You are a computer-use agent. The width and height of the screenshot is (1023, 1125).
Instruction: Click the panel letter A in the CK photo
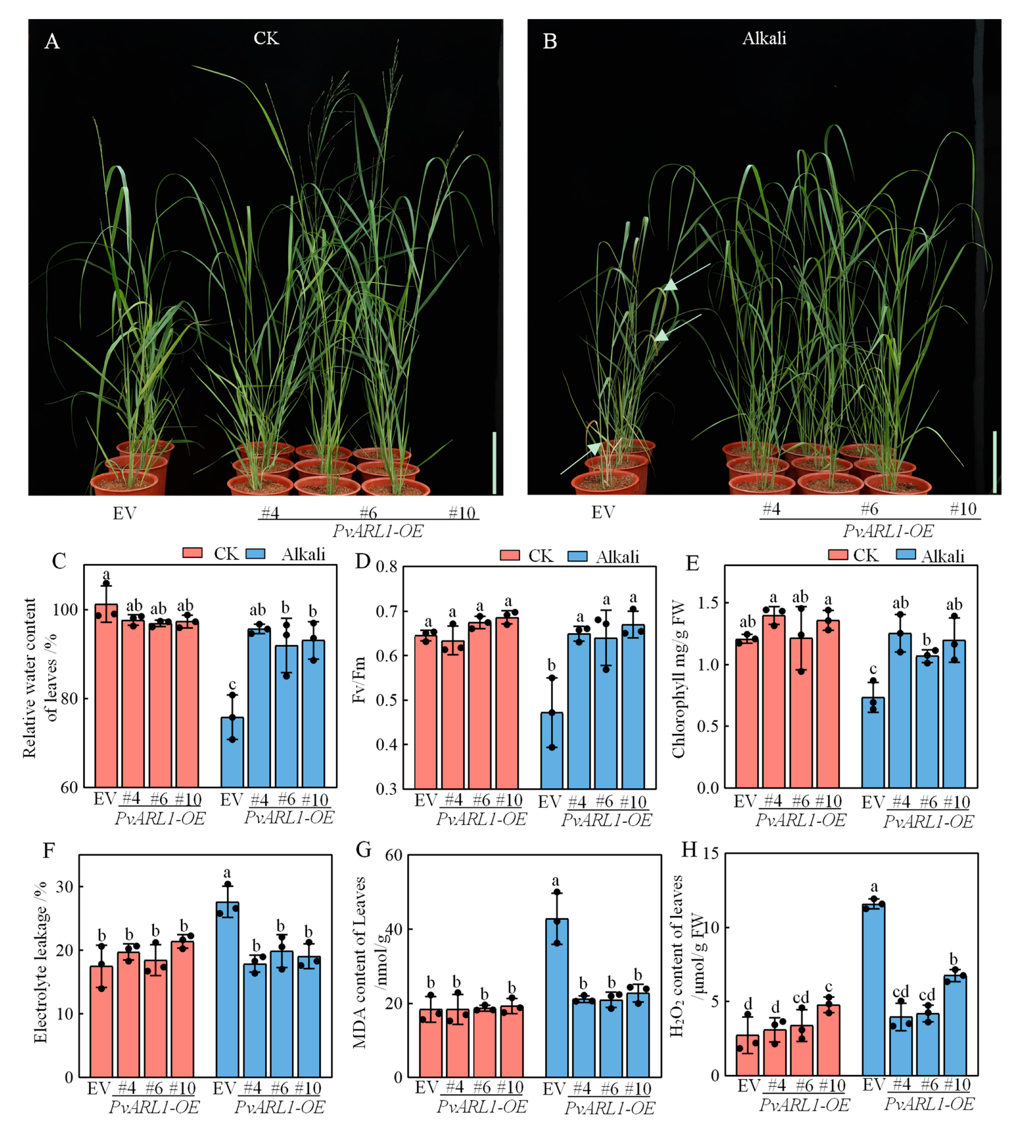tap(52, 41)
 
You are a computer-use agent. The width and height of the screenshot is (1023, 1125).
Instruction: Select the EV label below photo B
tap(603, 512)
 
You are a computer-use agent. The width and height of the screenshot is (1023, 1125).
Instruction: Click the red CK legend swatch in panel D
tap(509, 555)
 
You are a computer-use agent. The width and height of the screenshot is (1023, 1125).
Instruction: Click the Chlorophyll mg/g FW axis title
tap(678, 679)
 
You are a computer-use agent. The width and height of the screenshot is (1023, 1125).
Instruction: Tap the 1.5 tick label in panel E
tap(707, 603)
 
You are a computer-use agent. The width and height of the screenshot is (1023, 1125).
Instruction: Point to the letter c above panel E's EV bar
tap(873, 669)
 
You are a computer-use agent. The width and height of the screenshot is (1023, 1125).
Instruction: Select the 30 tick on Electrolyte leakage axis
tap(65, 887)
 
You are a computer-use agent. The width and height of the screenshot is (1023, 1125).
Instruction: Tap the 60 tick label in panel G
tap(393, 855)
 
